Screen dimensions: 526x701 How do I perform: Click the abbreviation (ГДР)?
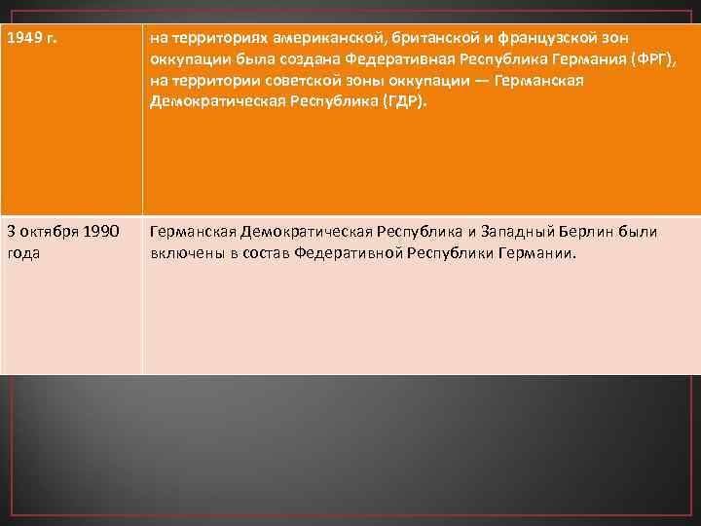pos(402,103)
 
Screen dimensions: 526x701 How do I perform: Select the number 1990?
pos(101,232)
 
